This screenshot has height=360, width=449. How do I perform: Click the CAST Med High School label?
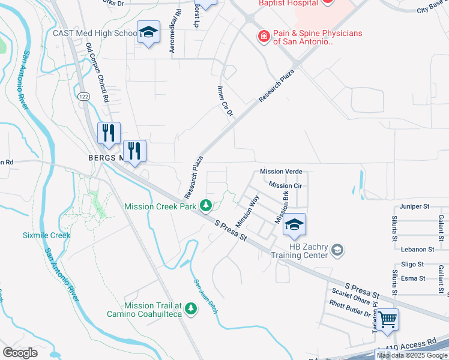coord(95,34)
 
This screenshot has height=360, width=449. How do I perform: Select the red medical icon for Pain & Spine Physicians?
coord(263,37)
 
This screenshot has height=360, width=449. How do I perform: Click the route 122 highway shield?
coord(83,96)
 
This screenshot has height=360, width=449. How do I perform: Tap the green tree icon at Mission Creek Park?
coord(206,206)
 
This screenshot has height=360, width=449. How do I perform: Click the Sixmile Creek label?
coord(47,235)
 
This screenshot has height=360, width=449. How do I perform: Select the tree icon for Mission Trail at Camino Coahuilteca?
coord(191,308)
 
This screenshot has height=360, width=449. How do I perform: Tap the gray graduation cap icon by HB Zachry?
coord(337,249)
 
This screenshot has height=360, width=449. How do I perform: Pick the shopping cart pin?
coord(387,319)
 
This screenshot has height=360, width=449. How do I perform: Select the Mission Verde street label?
coord(281,172)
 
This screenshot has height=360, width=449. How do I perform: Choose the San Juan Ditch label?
coord(204,295)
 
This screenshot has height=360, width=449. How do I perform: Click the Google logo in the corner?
coord(20,353)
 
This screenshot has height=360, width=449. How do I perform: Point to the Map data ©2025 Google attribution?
coord(411,355)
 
